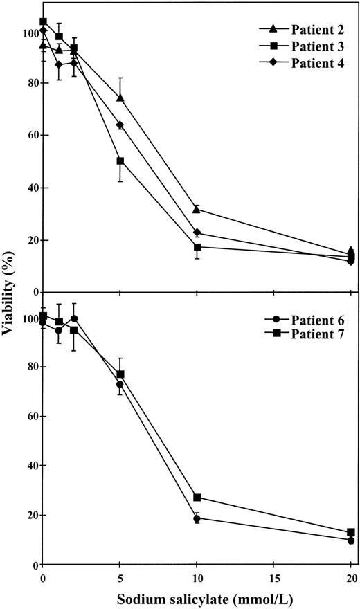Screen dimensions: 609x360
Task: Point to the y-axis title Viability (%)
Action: [9, 298]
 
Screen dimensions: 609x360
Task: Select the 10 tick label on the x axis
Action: [197, 577]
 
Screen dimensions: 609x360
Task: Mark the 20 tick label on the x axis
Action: [350, 577]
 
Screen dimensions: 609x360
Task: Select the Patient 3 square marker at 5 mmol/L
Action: [120, 161]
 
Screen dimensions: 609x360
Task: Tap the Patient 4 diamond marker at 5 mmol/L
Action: [120, 125]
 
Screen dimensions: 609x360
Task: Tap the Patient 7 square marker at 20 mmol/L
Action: [351, 532]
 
